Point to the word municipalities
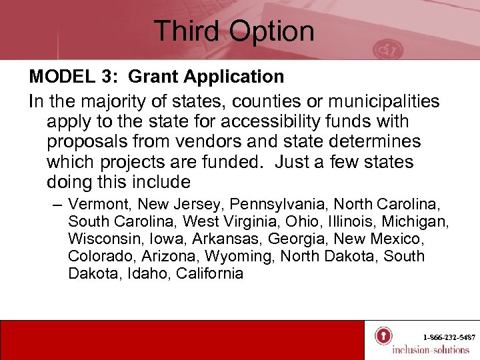point(373,102)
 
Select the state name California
point(210,273)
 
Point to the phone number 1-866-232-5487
point(449,337)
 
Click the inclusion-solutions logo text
point(431,350)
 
